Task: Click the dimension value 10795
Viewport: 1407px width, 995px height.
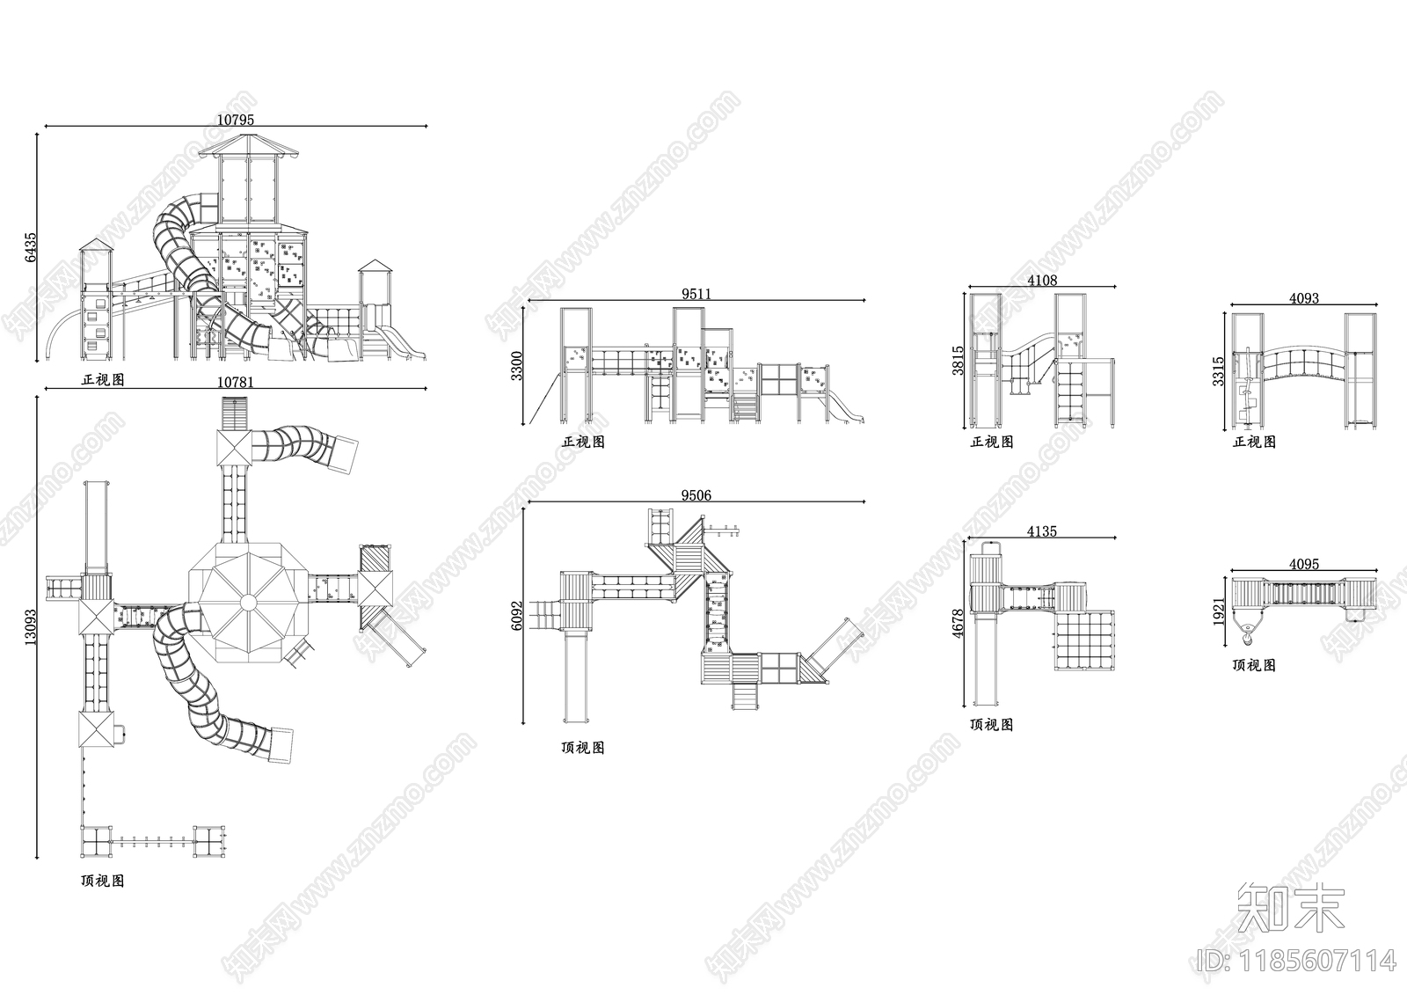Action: pyautogui.click(x=236, y=120)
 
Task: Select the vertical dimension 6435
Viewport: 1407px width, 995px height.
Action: pyautogui.click(x=31, y=247)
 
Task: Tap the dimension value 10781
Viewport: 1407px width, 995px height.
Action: pyautogui.click(x=236, y=382)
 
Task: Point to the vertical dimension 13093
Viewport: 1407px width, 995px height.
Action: pyautogui.click(x=31, y=626)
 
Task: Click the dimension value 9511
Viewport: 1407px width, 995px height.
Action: pyautogui.click(x=696, y=294)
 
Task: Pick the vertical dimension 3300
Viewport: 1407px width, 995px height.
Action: pyautogui.click(x=516, y=366)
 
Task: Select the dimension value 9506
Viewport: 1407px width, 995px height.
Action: pyautogui.click(x=696, y=495)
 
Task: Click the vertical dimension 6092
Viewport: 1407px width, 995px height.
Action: pyautogui.click(x=516, y=616)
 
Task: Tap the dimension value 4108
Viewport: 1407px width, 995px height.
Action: pyautogui.click(x=1042, y=281)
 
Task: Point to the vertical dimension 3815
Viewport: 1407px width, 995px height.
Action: pyautogui.click(x=958, y=360)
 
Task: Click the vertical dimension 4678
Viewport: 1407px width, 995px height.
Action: pyautogui.click(x=958, y=623)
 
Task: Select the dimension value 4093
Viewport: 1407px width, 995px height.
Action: pyautogui.click(x=1304, y=298)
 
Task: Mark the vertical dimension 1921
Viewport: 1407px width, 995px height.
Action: pyautogui.click(x=1219, y=611)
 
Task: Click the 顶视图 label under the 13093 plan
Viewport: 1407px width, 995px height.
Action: pyautogui.click(x=102, y=881)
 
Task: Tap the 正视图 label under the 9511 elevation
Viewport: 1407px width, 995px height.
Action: pyautogui.click(x=584, y=442)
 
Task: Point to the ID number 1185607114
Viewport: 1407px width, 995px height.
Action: pyautogui.click(x=1296, y=961)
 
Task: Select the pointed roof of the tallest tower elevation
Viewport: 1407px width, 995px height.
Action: pyautogui.click(x=249, y=146)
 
